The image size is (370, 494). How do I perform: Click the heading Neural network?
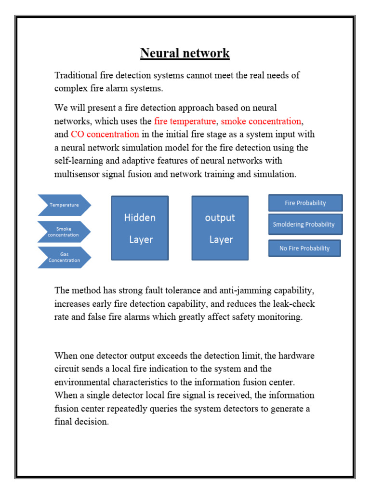tap(185, 53)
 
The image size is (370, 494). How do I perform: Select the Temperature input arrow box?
tap(64, 205)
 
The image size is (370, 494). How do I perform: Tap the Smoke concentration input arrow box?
tap(64, 232)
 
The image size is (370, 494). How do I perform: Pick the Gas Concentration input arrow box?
tap(64, 257)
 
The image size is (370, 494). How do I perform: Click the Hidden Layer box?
tap(140, 228)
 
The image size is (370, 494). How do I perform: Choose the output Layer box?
tap(220, 228)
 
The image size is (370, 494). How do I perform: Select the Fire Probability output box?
tap(305, 203)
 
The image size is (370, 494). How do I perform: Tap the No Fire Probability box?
tap(304, 248)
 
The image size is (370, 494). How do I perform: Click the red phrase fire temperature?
tap(185, 121)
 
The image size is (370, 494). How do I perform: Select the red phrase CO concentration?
tap(105, 134)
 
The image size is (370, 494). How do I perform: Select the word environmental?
tap(84, 382)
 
